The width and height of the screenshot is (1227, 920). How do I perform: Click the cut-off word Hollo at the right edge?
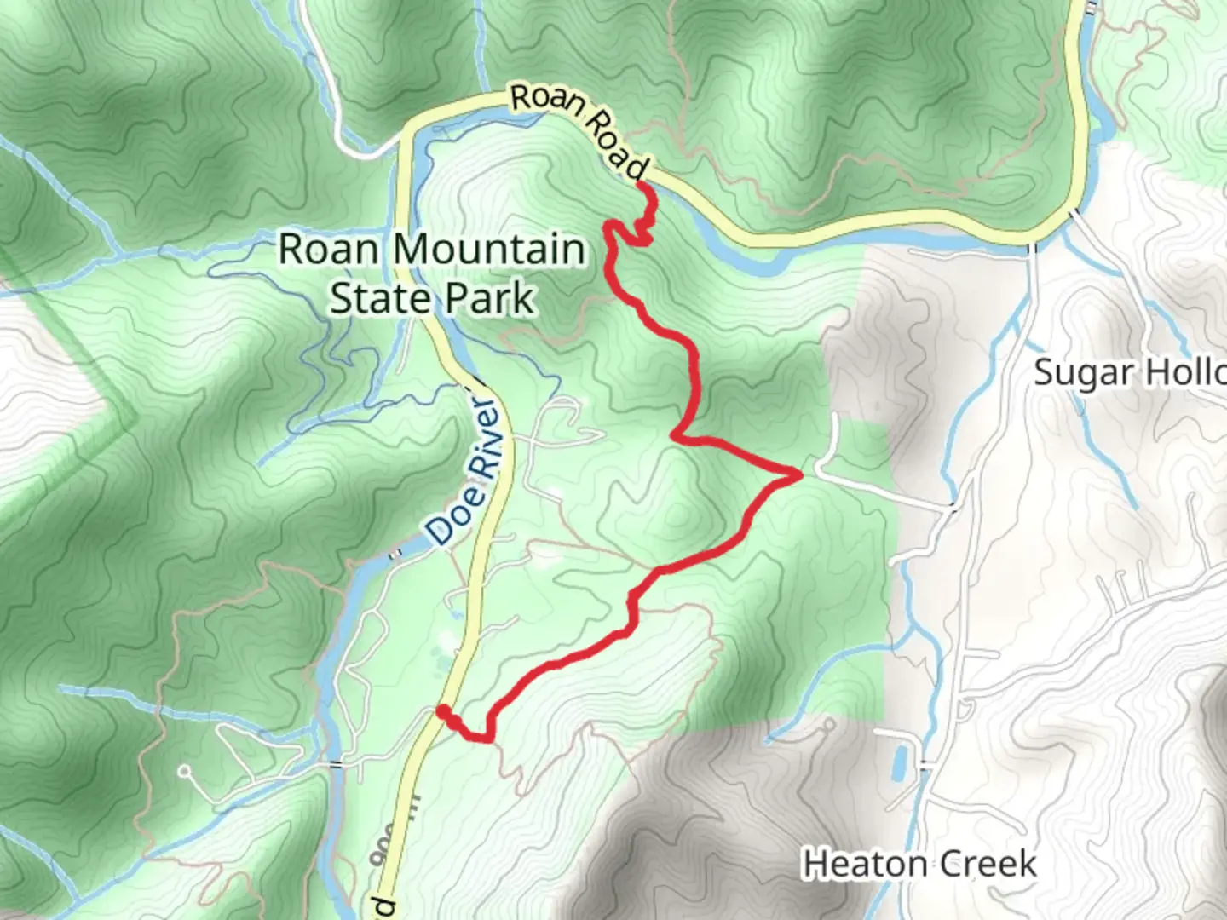(1184, 373)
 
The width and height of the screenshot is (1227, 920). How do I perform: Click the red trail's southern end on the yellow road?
(441, 710)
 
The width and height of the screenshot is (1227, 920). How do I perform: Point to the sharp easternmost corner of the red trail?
(799, 474)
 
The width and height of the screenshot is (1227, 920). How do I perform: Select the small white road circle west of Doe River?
(183, 772)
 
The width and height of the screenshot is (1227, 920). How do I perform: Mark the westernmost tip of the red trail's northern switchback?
(608, 227)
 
